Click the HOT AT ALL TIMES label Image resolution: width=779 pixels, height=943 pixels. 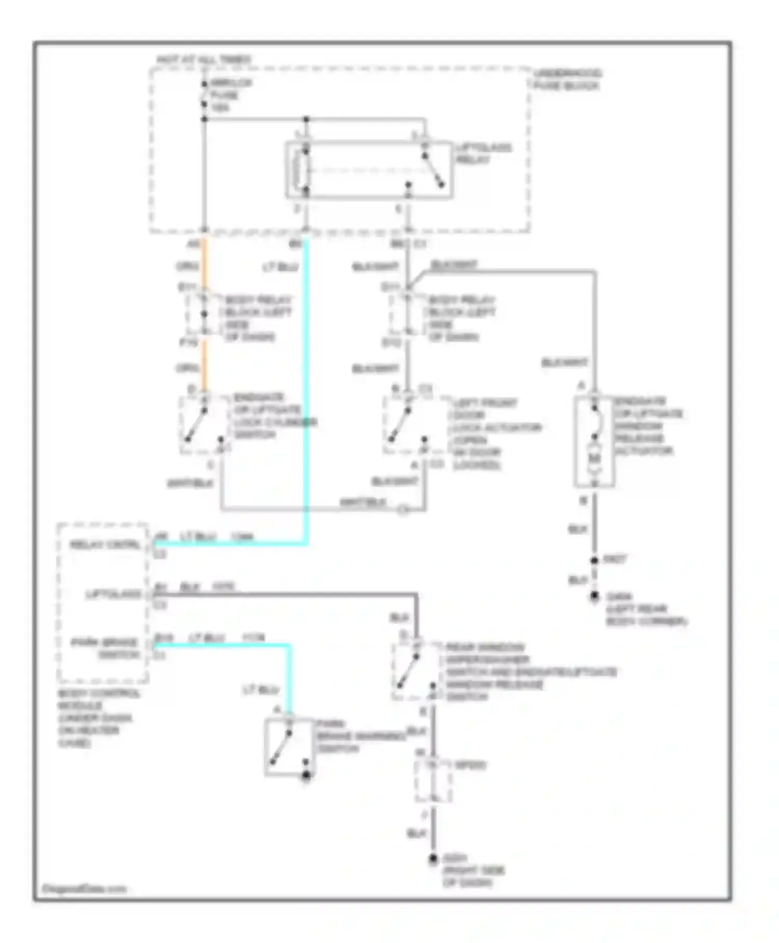click(204, 60)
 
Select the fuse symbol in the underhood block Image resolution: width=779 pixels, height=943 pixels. click(204, 95)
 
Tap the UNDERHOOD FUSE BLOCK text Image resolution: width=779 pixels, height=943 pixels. click(567, 80)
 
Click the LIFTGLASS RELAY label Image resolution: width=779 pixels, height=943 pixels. click(483, 153)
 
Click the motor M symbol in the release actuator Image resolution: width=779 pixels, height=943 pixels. click(594, 459)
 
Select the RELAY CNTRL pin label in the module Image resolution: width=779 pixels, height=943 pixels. click(105, 545)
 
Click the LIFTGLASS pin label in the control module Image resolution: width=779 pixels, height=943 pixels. click(114, 594)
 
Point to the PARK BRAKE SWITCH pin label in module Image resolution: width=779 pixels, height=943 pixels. click(106, 648)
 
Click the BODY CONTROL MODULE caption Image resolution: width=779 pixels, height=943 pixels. click(97, 717)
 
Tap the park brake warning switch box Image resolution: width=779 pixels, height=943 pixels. click(289, 748)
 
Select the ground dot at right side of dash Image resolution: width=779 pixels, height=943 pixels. click(433, 859)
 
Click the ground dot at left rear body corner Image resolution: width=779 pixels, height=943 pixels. click(594, 597)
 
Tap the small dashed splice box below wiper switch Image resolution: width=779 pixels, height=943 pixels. click(433, 781)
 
